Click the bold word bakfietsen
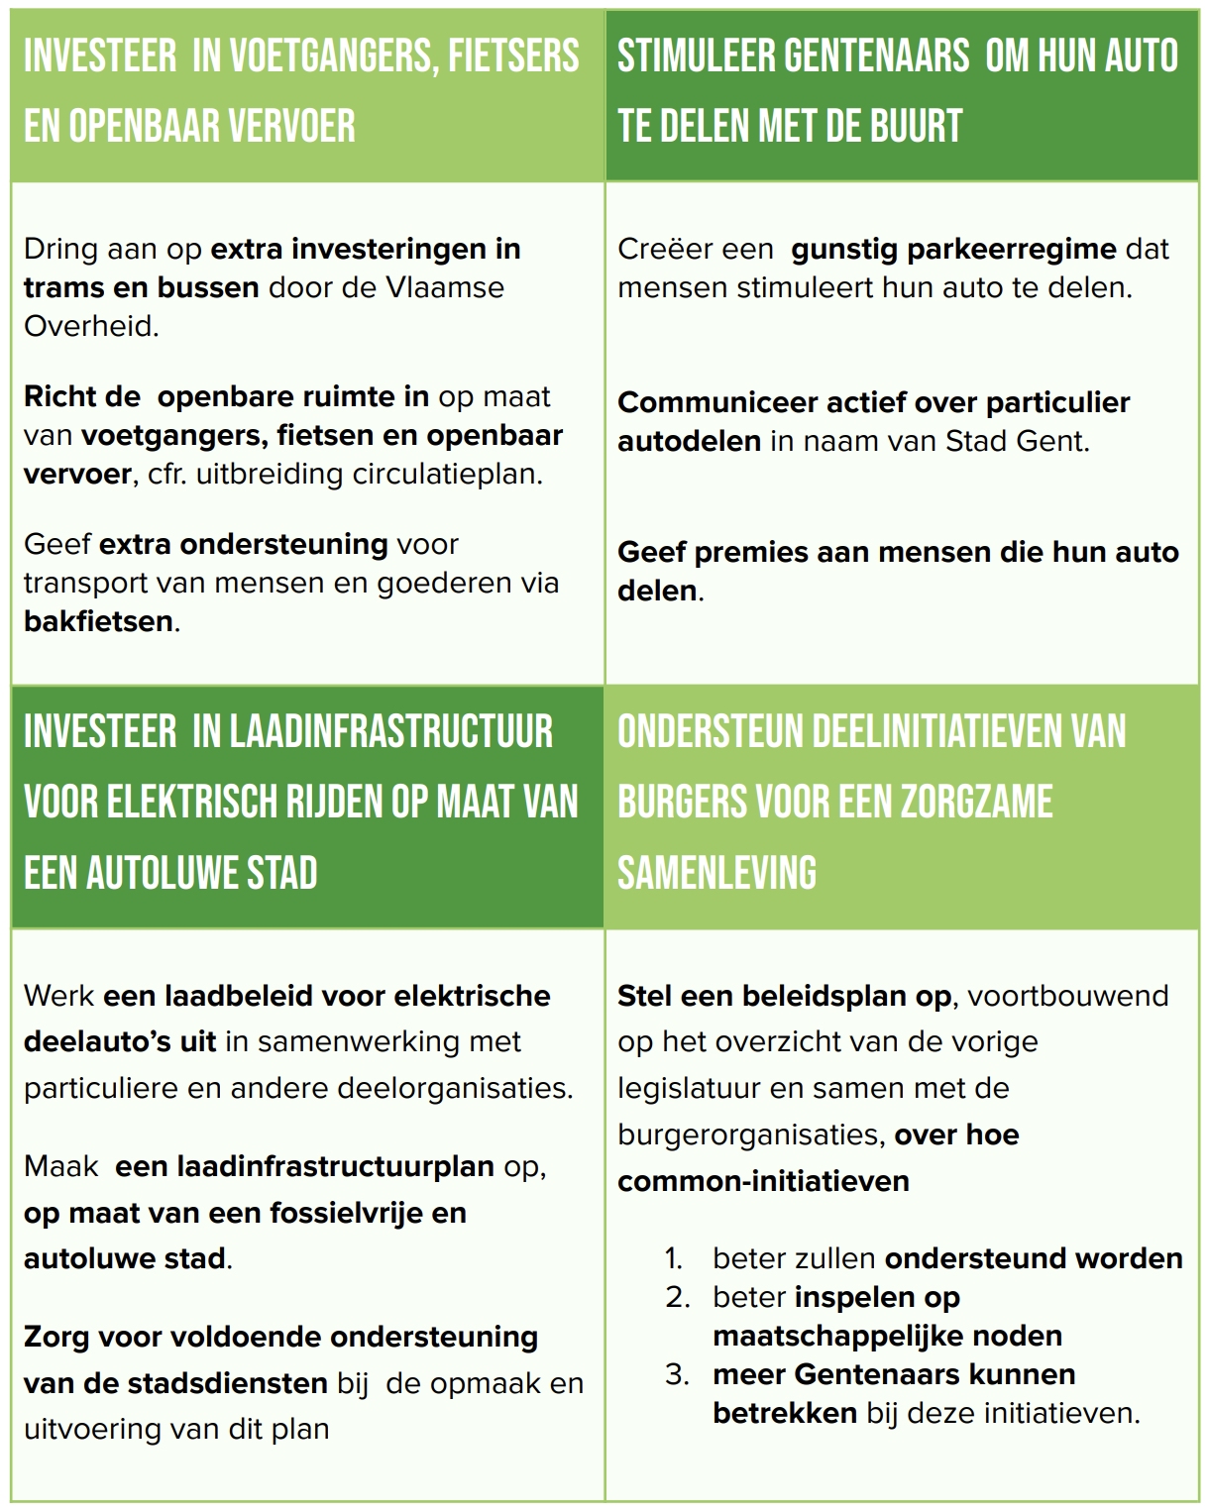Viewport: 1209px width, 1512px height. [98, 621]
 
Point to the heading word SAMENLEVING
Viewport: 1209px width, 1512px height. [717, 873]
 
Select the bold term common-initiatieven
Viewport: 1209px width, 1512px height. [763, 1181]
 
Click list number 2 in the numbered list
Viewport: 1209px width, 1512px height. [678, 1297]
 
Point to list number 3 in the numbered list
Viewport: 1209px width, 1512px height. [678, 1374]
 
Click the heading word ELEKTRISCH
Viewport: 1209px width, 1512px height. [193, 802]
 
